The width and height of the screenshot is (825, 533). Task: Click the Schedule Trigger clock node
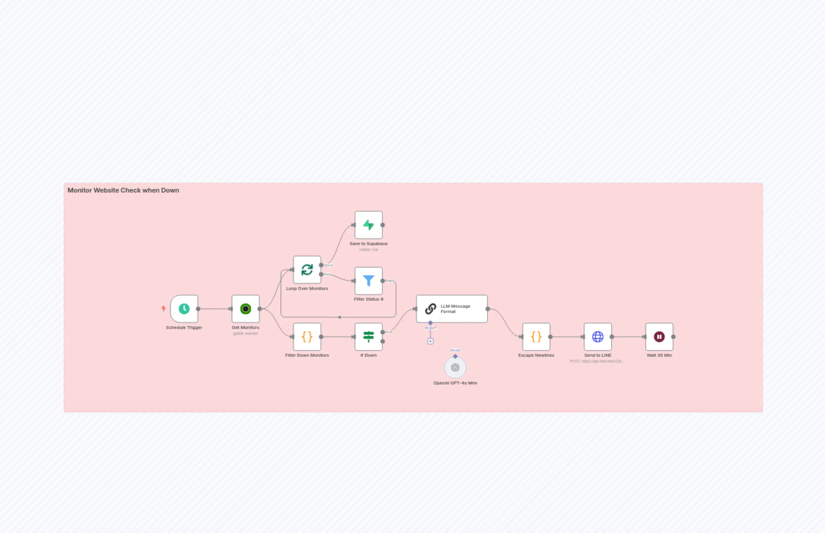pos(184,309)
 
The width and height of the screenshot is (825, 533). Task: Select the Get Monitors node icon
pos(245,309)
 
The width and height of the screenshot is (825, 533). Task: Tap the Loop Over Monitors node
pos(307,270)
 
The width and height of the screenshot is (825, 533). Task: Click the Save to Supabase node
pos(368,225)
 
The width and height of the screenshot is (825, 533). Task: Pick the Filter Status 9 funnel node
pos(368,281)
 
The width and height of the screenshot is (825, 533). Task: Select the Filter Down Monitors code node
pos(307,337)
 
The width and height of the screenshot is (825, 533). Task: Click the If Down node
pos(368,337)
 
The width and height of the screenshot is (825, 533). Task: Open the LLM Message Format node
pos(451,309)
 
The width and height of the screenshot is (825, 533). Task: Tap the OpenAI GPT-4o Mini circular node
pos(455,368)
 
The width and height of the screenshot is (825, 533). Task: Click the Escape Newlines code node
pos(536,337)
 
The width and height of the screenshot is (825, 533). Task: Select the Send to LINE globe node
pos(598,337)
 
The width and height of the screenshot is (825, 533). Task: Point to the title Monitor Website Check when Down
pos(123,190)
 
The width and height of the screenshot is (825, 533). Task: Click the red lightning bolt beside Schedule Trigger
pos(164,308)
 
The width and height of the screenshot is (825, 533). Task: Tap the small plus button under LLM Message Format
pos(430,341)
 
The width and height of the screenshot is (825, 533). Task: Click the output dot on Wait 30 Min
pos(673,337)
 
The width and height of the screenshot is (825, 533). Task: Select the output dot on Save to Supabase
pos(382,225)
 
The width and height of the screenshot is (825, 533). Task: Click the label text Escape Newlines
pos(536,356)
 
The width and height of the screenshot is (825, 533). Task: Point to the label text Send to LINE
pos(598,356)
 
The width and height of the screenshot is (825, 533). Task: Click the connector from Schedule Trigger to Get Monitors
pos(215,309)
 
